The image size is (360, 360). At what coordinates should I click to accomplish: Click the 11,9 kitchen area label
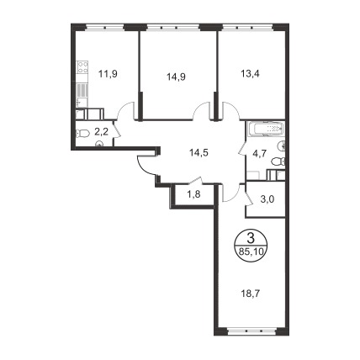108,74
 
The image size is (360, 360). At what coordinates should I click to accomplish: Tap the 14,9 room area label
177,77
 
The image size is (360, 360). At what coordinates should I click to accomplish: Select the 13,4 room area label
250,74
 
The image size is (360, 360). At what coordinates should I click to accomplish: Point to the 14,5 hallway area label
199,153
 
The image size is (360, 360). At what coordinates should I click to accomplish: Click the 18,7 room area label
251,294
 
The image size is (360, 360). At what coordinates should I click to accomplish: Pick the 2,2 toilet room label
102,131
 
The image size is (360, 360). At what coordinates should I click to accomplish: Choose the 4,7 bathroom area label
259,154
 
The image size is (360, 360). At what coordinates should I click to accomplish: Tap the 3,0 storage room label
267,199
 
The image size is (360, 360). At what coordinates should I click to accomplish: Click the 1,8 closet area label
193,194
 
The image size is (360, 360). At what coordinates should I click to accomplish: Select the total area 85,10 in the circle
251,251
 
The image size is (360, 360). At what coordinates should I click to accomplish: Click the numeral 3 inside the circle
251,240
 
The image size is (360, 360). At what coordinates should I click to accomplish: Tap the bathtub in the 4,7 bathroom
265,129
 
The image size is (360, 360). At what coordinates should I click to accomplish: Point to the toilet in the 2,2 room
82,133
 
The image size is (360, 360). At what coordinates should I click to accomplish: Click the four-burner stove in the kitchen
82,67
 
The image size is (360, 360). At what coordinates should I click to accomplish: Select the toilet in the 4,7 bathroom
278,161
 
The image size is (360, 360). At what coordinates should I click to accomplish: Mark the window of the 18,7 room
251,331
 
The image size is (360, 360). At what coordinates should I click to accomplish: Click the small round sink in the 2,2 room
99,144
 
